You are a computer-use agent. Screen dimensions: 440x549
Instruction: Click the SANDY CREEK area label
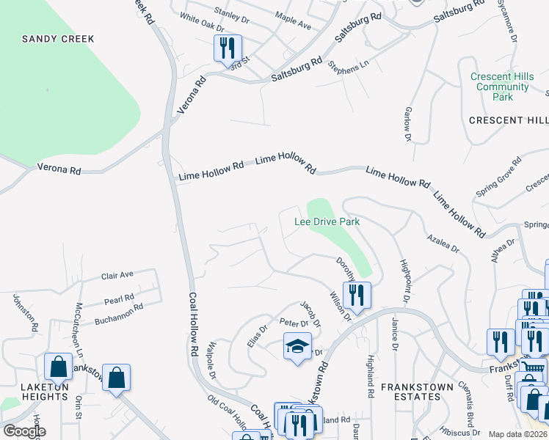(x=49, y=38)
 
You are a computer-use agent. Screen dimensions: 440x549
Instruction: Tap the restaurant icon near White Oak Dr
(x=227, y=48)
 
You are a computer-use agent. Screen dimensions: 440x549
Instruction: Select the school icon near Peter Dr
(x=298, y=348)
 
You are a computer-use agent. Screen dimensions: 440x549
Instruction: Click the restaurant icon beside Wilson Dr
(x=357, y=296)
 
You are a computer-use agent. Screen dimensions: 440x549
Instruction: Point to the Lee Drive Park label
(x=327, y=221)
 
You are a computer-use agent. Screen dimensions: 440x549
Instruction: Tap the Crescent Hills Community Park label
(x=501, y=87)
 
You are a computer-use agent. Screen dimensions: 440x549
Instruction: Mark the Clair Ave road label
(x=117, y=275)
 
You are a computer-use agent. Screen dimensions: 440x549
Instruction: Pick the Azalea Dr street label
(x=441, y=243)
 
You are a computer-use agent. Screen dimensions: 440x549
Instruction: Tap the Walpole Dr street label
(x=211, y=360)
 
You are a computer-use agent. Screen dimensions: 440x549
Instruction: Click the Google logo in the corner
(x=24, y=431)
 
